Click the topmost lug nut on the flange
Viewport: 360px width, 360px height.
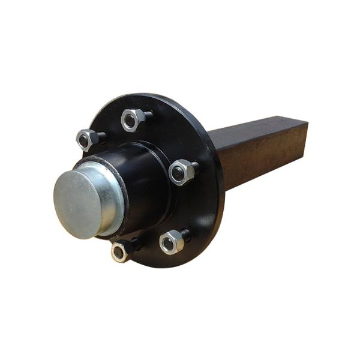point(132,120)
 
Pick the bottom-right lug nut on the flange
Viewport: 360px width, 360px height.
point(171,242)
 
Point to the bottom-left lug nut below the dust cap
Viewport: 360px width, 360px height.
point(121,251)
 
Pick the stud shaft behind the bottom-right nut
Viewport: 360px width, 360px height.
point(185,235)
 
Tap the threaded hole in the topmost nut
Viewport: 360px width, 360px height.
point(130,121)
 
